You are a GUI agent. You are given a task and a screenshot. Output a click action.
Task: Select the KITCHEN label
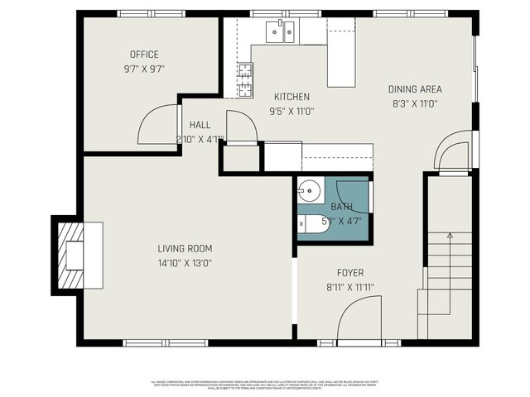tap(292, 96)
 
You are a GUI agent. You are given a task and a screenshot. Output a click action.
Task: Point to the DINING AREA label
tap(415, 89)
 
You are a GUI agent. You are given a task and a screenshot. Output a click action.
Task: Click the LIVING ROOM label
tap(185, 248)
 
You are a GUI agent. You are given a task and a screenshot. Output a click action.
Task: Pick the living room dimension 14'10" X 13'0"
tap(185, 263)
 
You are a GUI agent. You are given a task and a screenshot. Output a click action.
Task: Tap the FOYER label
tap(349, 272)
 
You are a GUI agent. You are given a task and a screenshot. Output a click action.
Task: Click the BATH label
tap(341, 207)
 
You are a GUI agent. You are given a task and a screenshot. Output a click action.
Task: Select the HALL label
tap(200, 124)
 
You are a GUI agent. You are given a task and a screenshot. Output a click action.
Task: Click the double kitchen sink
tap(280, 31)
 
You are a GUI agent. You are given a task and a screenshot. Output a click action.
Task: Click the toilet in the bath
tap(311, 222)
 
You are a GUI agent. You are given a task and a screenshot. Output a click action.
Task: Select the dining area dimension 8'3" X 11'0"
tap(415, 104)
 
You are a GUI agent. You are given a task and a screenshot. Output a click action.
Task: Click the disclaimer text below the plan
tap(265, 385)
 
